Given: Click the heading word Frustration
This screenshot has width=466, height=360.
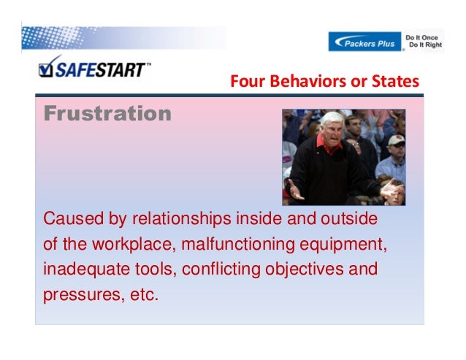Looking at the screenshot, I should pyautogui.click(x=107, y=115).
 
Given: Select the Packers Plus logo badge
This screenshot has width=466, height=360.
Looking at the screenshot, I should pyautogui.click(x=364, y=42).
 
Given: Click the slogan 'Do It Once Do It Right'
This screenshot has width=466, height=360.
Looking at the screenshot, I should pyautogui.click(x=424, y=42).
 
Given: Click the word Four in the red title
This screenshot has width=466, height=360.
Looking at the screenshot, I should pyautogui.click(x=245, y=82).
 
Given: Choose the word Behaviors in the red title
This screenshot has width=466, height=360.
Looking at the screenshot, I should pyautogui.click(x=304, y=82).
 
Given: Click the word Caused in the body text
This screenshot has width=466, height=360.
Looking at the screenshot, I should pyautogui.click(x=69, y=219).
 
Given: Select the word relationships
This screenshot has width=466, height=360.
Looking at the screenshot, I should pyautogui.click(x=172, y=219).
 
